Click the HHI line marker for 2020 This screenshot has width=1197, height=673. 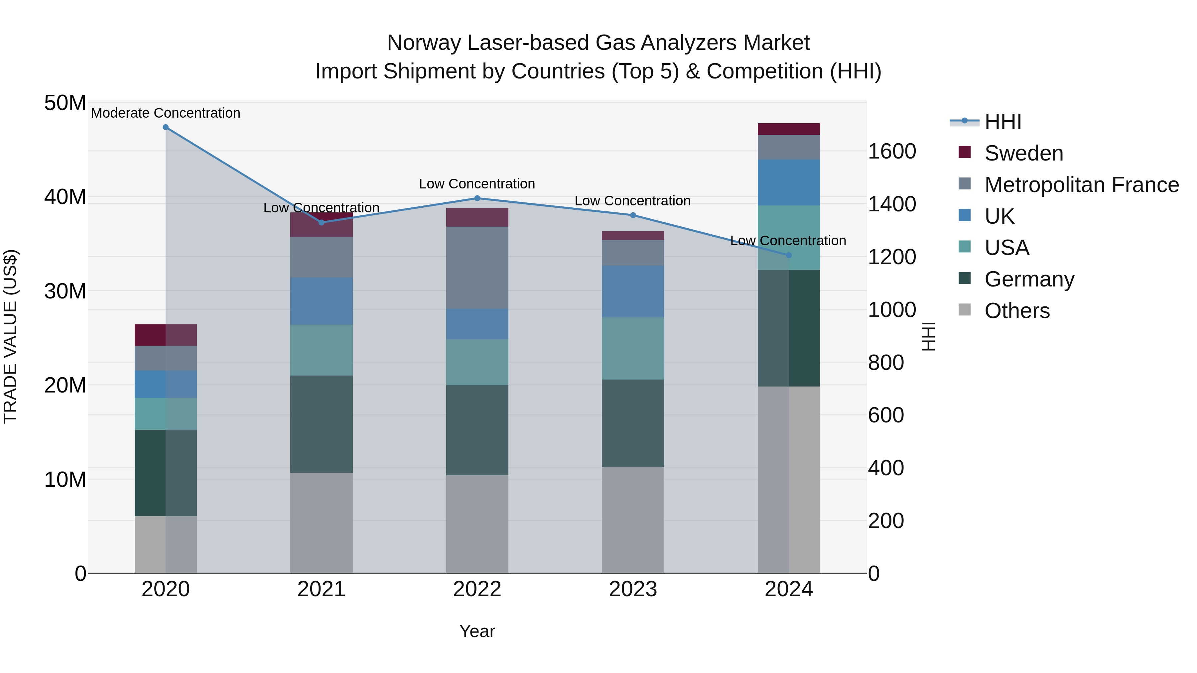tap(166, 127)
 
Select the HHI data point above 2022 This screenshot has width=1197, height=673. tap(477, 198)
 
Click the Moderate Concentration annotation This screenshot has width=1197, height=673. tap(166, 113)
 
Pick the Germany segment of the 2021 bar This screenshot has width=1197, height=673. tap(321, 424)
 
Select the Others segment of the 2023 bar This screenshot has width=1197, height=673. tap(632, 520)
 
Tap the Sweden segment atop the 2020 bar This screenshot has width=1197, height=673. tap(166, 335)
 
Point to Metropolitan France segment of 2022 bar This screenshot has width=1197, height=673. tap(477, 268)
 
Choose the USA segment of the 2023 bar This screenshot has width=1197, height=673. tap(632, 348)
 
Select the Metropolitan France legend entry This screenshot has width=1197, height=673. tap(1081, 185)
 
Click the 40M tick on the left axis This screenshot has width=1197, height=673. tap(65, 197)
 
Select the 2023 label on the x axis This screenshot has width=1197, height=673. tap(632, 589)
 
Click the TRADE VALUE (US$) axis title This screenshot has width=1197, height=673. tap(10, 336)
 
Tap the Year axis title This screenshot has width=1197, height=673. tap(477, 631)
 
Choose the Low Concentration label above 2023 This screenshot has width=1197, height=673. tap(632, 201)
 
